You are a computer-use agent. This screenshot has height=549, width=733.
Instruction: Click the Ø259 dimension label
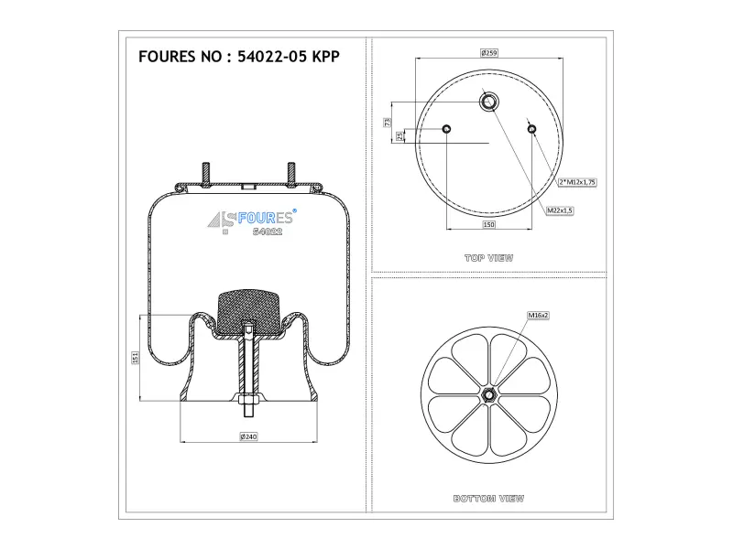pyautogui.click(x=489, y=53)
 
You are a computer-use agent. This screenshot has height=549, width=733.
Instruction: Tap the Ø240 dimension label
pyautogui.click(x=248, y=436)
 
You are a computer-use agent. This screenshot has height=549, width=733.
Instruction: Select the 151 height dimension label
pyautogui.click(x=135, y=358)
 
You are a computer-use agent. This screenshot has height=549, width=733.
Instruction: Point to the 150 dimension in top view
pyautogui.click(x=488, y=224)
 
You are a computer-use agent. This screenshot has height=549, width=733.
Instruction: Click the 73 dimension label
pyautogui.click(x=387, y=123)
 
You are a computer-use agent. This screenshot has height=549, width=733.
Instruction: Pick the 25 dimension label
pyautogui.click(x=399, y=135)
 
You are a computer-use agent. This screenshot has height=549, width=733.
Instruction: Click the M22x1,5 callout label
pyautogui.click(x=560, y=210)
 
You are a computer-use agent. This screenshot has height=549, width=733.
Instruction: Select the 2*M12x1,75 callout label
pyautogui.click(x=577, y=182)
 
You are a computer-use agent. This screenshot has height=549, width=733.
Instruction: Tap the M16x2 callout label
pyautogui.click(x=538, y=315)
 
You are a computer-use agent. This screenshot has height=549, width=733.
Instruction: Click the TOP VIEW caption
pyautogui.click(x=489, y=258)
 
